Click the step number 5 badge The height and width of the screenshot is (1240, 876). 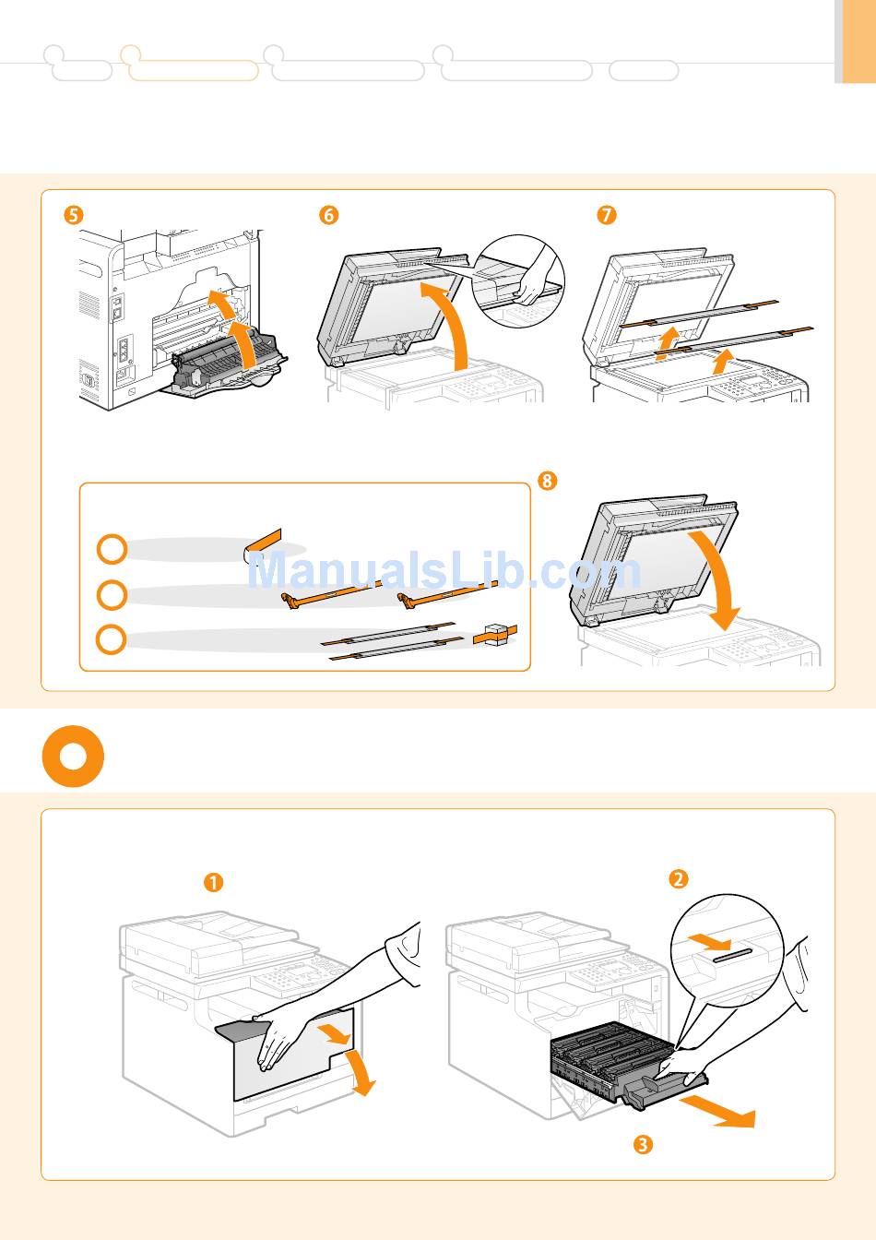pyautogui.click(x=72, y=215)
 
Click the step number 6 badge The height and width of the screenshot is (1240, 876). pyautogui.click(x=328, y=215)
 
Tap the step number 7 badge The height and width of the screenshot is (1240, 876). pyautogui.click(x=606, y=215)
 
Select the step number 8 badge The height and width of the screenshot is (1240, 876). pyautogui.click(x=548, y=481)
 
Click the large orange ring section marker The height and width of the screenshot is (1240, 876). pyautogui.click(x=73, y=757)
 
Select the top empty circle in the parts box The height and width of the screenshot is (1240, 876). pyautogui.click(x=112, y=549)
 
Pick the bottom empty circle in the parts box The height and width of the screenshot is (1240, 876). pyautogui.click(x=112, y=639)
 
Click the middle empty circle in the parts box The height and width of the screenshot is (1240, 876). pyautogui.click(x=112, y=594)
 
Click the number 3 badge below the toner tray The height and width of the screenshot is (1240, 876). pyautogui.click(x=643, y=1145)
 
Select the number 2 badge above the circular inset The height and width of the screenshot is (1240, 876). pyautogui.click(x=678, y=878)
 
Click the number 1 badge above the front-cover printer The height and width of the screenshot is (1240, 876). pyautogui.click(x=213, y=883)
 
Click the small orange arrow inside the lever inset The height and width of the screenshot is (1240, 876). pyautogui.click(x=710, y=941)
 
